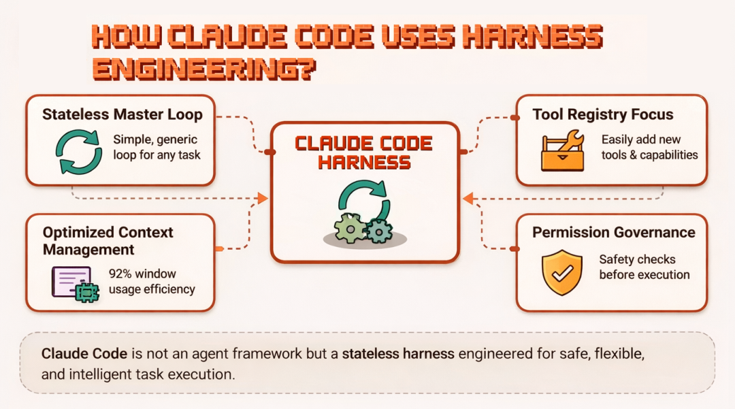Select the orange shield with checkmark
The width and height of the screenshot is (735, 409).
coord(561,272)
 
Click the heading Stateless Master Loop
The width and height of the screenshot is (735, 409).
coord(122,114)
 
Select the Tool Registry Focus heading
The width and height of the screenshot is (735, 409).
coord(603,114)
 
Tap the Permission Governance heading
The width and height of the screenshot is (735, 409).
coord(613,233)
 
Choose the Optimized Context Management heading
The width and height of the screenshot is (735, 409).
coord(108,241)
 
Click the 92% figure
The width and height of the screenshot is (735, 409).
coord(122,274)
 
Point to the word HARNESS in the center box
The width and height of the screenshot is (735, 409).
coord(365,163)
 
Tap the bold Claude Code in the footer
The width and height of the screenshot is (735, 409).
coord(84,354)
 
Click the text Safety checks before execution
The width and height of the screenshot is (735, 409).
coord(644,267)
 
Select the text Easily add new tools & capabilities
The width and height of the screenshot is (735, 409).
coord(649,147)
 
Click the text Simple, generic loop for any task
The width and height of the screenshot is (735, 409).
coord(157,147)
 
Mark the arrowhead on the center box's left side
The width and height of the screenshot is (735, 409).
coord(263,199)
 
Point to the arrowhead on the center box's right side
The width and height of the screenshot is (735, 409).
coord(468,199)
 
